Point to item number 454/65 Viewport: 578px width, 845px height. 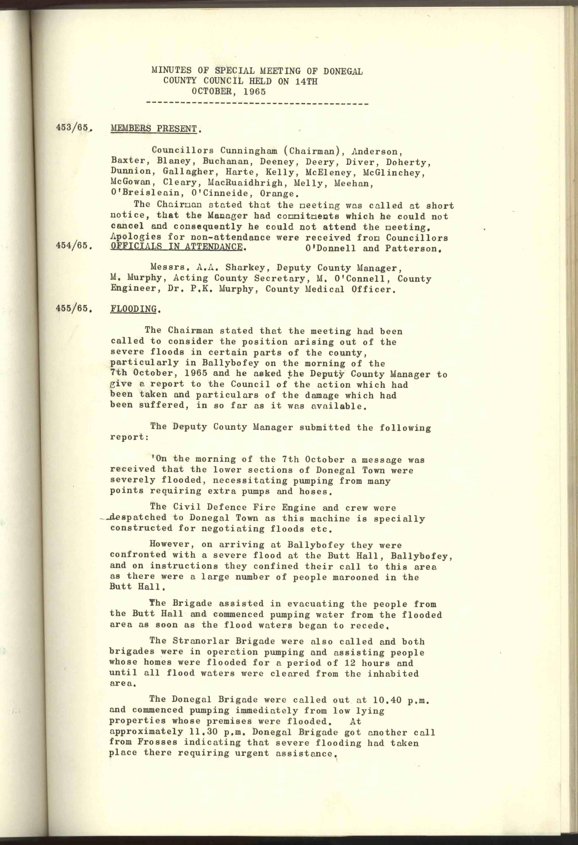click(x=72, y=246)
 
